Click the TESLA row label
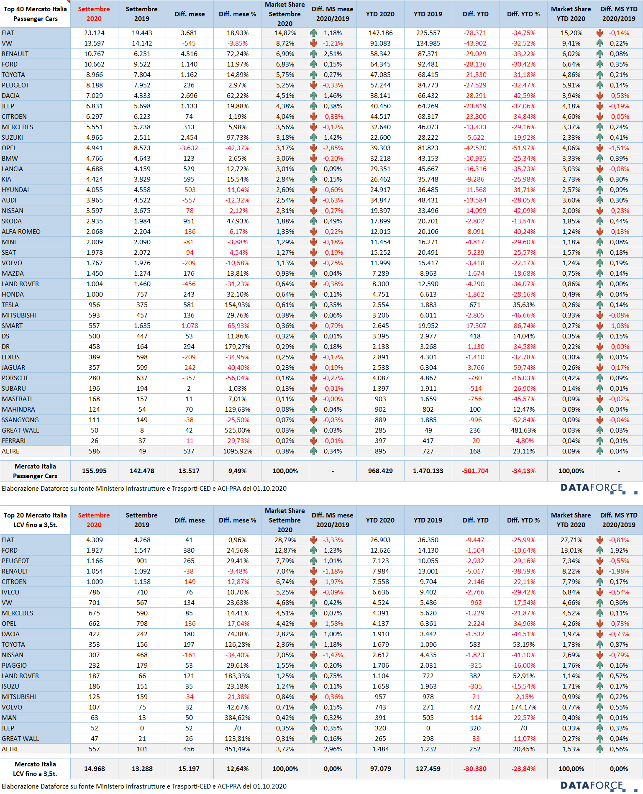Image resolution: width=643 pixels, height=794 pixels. (10, 305)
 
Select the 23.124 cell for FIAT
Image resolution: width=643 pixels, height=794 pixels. (94, 33)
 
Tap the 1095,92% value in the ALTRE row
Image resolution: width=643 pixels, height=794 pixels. (237, 451)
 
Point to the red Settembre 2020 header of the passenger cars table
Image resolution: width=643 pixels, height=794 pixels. (94, 14)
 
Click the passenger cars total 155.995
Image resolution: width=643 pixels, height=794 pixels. (94, 471)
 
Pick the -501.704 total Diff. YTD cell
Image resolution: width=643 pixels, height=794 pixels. (475, 471)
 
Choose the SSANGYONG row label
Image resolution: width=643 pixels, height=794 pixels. (20, 420)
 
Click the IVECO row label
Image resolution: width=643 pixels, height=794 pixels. (10, 592)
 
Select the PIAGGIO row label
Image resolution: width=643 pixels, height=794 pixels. (14, 666)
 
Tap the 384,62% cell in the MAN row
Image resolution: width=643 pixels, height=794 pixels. (237, 718)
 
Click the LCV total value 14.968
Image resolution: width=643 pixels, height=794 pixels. (94, 769)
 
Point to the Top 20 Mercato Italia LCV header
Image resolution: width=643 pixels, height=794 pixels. (35, 520)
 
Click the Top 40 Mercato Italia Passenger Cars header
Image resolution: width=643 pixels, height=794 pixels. (35, 14)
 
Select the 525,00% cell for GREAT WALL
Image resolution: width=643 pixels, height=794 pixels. (237, 430)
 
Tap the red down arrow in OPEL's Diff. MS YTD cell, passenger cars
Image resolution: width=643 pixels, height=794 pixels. (600, 148)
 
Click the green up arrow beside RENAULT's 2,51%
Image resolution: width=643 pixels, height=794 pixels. (314, 54)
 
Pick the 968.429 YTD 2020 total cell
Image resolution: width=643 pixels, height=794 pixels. (380, 471)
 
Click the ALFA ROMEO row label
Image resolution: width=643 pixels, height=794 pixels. (21, 232)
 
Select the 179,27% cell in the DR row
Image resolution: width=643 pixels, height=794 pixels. (237, 347)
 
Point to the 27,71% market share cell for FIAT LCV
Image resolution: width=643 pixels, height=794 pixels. (571, 540)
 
